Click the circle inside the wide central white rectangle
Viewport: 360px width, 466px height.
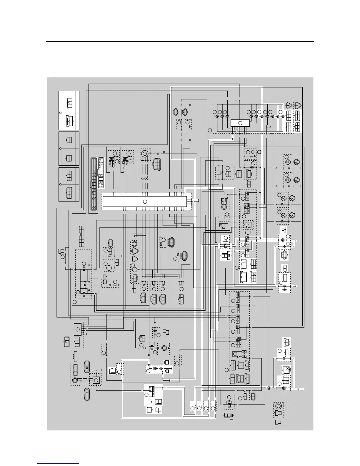pyautogui.click(x=145, y=202)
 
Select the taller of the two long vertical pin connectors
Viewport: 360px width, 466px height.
pyautogui.click(x=94, y=184)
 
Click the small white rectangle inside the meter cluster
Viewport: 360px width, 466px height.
pyautogui.click(x=240, y=123)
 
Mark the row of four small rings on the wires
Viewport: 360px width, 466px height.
pyautogui.click(x=144, y=179)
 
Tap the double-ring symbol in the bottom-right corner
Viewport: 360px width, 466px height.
pyautogui.click(x=278, y=406)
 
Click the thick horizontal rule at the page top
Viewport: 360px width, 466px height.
pyautogui.click(x=180, y=42)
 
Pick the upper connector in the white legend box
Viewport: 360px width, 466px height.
pyautogui.click(x=69, y=102)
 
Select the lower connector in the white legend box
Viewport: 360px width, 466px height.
pyautogui.click(x=69, y=121)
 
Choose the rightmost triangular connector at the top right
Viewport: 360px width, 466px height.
pyautogui.click(x=298, y=105)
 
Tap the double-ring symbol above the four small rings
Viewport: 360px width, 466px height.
pyautogui.click(x=145, y=154)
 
